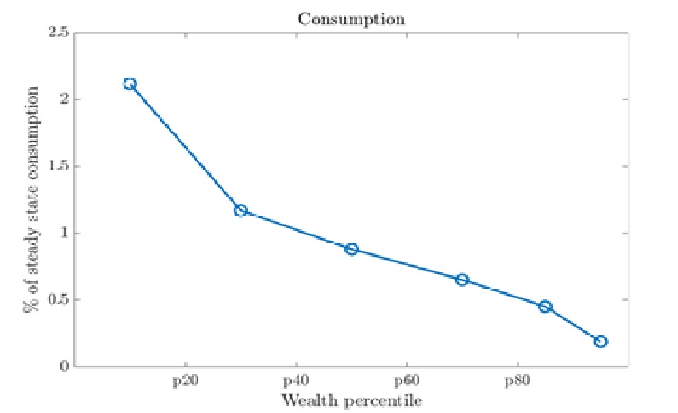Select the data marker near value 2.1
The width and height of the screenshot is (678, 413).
pyautogui.click(x=130, y=84)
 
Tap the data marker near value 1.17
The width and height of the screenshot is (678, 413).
pyautogui.click(x=241, y=210)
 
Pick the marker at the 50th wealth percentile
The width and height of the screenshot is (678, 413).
pyautogui.click(x=352, y=249)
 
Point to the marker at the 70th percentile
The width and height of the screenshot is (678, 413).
pyautogui.click(x=462, y=280)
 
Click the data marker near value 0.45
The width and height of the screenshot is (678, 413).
pyautogui.click(x=545, y=307)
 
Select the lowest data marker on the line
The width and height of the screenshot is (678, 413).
pyautogui.click(x=600, y=342)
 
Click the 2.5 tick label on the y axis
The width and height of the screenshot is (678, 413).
pyautogui.click(x=59, y=32)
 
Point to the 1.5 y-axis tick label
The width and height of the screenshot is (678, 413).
pyautogui.click(x=59, y=166)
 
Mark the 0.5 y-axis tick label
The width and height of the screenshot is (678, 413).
pyautogui.click(x=59, y=299)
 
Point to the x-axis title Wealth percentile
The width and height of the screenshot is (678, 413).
pyautogui.click(x=352, y=399)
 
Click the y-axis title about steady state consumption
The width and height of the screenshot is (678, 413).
pyautogui.click(x=32, y=199)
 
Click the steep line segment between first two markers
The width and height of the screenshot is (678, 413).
pyautogui.click(x=185, y=147)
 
